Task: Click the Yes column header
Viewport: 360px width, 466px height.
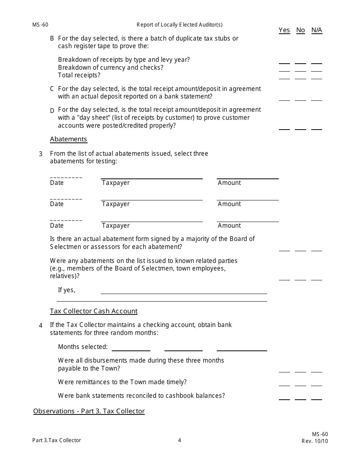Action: pyautogui.click(x=284, y=30)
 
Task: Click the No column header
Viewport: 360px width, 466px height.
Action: pyautogui.click(x=301, y=30)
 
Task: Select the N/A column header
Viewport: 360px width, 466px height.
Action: pyautogui.click(x=317, y=30)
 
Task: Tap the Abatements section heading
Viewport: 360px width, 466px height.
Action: pyautogui.click(x=69, y=139)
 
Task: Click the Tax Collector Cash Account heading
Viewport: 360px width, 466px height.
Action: pyautogui.click(x=94, y=311)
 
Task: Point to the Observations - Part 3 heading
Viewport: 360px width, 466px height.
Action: pyautogui.click(x=89, y=411)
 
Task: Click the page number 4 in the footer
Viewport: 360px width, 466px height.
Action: pyautogui.click(x=180, y=440)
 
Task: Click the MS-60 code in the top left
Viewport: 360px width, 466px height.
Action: pyautogui.click(x=40, y=25)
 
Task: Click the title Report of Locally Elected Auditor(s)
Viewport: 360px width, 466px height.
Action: pyautogui.click(x=180, y=25)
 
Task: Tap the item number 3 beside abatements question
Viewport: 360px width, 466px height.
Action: pyautogui.click(x=41, y=154)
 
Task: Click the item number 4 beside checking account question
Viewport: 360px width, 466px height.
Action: pyautogui.click(x=41, y=325)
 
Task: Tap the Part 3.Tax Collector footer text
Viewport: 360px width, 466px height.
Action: pyautogui.click(x=57, y=440)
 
